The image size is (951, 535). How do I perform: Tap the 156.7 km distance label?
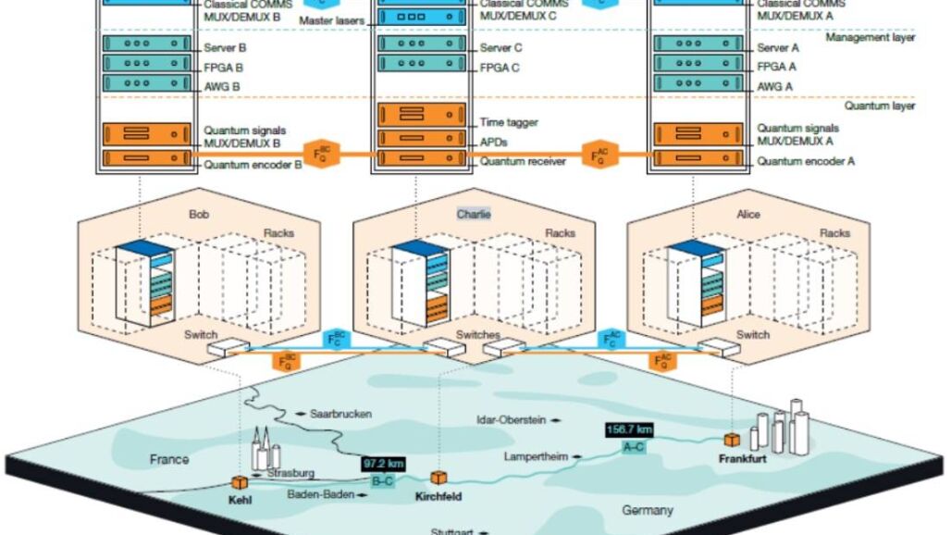point(630,429)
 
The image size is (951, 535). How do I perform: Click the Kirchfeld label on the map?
point(438,497)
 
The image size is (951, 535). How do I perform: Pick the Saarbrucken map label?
point(340,414)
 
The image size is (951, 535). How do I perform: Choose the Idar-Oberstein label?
point(511,418)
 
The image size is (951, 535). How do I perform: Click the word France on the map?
point(169,459)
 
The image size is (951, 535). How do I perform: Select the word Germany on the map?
point(648,510)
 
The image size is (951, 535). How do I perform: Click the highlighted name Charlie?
point(474,214)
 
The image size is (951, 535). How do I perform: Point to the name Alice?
point(748,215)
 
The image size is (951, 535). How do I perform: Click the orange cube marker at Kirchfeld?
point(438,478)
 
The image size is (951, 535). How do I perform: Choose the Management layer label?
point(871,38)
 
